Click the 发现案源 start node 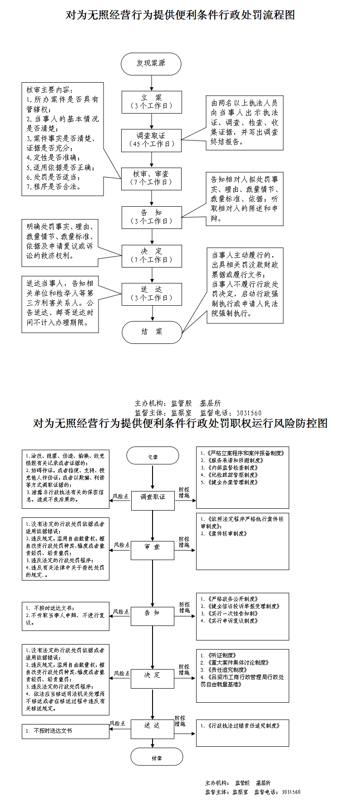[151, 64]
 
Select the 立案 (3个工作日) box [151, 102]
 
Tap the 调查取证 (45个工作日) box [151, 140]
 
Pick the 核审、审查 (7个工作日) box [151, 179]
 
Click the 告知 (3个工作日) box [151, 217]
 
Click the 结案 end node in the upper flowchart [152, 332]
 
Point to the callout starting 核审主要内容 [62, 139]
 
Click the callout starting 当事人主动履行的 [245, 285]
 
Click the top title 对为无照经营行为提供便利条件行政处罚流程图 [180, 15]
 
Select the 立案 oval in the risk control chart [153, 457]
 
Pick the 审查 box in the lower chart [153, 547]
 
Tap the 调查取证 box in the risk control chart [153, 497]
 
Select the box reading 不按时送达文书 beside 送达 [65, 731]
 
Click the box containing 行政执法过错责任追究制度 [242, 732]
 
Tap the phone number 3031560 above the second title [249, 413]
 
